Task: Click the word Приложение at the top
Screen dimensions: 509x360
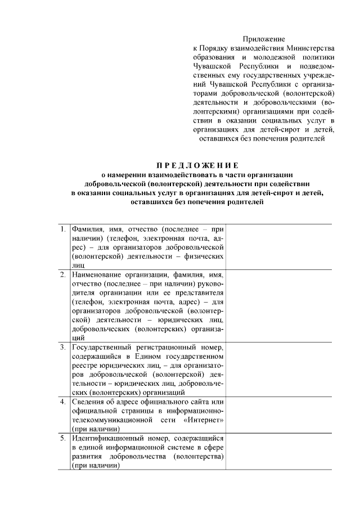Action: point(264,39)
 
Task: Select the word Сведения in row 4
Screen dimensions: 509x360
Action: point(88,402)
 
